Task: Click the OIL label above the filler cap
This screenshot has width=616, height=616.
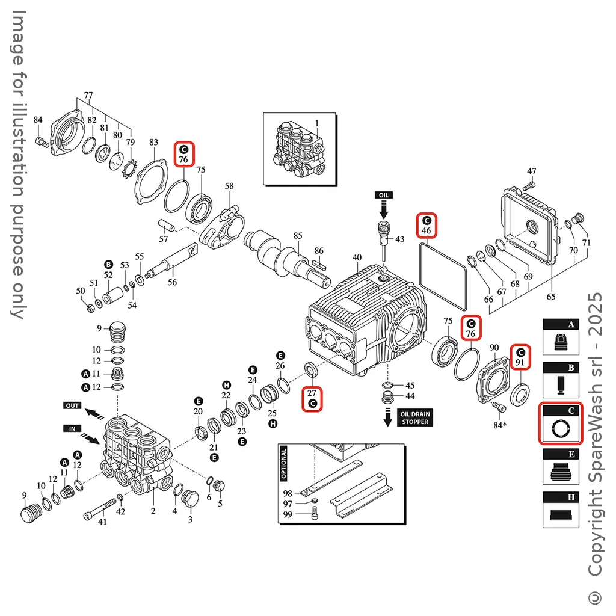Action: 384,195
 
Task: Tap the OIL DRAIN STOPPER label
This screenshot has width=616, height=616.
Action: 414,417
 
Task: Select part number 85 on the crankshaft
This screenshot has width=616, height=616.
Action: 297,236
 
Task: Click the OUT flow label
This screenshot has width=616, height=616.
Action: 72,406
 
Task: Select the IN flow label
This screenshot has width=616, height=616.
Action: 72,428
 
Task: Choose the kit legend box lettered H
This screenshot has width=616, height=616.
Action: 561,510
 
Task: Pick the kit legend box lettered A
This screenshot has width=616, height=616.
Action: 561,336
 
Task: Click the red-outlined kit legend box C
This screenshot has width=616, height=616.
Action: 561,423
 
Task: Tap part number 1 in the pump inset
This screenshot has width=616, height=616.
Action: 317,123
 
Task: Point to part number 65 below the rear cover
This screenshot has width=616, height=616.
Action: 551,296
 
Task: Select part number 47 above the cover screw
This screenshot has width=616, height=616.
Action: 531,171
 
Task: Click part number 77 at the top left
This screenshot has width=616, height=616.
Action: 88,96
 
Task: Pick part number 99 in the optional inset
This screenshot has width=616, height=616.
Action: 288,514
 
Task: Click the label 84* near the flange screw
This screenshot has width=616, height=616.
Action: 500,425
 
